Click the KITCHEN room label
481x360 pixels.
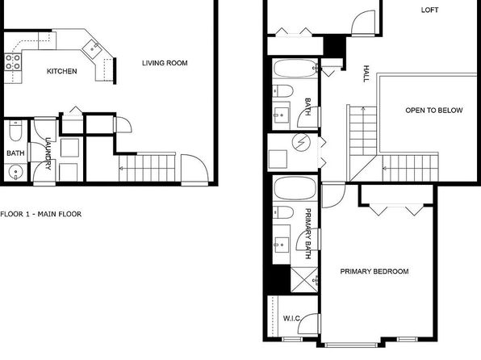pyautogui.click(x=61, y=71)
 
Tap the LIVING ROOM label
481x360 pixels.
pyautogui.click(x=165, y=63)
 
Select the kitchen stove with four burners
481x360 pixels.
pyautogui.click(x=13, y=61)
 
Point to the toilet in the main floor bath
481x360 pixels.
pyautogui.click(x=15, y=131)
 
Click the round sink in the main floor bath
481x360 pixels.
pyautogui.click(x=15, y=173)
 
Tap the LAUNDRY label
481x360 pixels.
pyautogui.click(x=48, y=153)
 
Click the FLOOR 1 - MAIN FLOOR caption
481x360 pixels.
pyautogui.click(x=41, y=214)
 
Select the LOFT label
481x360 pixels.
pyautogui.click(x=429, y=10)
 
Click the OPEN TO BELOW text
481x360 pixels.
pyautogui.click(x=433, y=111)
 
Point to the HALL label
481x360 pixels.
pyautogui.click(x=366, y=73)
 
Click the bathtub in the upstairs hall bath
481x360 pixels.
pyautogui.click(x=295, y=68)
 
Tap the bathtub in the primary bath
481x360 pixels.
pyautogui.click(x=295, y=188)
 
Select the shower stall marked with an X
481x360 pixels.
pyautogui.click(x=304, y=280)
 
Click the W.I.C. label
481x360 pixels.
pyautogui.click(x=291, y=319)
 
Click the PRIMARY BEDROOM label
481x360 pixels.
pyautogui.click(x=374, y=271)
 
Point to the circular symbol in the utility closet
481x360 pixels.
pyautogui.click(x=301, y=143)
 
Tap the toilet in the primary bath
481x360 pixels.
pyautogui.click(x=283, y=212)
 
